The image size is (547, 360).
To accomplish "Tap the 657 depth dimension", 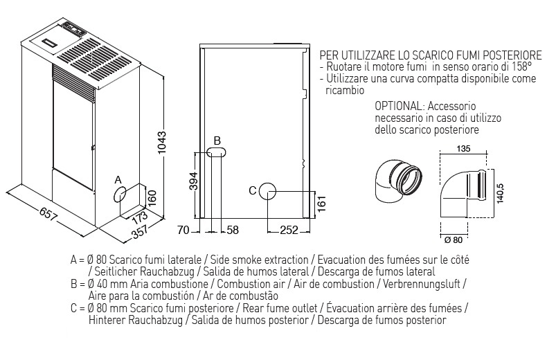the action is tap(48, 214).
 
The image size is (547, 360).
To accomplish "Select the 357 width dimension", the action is tap(141, 233).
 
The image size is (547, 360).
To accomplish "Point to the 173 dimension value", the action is tap(140, 217).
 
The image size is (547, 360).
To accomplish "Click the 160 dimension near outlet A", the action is tap(152, 199).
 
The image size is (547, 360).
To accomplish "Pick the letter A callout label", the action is tap(118, 180).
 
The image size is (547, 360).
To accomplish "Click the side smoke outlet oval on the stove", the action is tap(119, 195).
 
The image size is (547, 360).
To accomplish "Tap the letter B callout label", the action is tap(217, 141).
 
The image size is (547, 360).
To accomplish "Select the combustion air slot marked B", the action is tap(216, 152).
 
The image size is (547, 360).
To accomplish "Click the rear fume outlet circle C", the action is tap(267, 191).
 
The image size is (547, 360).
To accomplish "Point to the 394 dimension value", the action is tap(194, 181).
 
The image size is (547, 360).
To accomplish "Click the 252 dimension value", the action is tap(289, 231).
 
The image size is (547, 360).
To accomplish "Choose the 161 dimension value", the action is tap(322, 204).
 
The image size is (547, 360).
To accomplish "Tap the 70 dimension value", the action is tap(183, 231).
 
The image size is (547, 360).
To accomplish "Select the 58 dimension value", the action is tap(233, 231).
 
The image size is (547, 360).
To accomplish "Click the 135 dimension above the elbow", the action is tap(463, 149).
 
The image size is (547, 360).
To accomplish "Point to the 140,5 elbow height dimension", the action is tap(500, 195).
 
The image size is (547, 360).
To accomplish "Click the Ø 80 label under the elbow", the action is tap(454, 240).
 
